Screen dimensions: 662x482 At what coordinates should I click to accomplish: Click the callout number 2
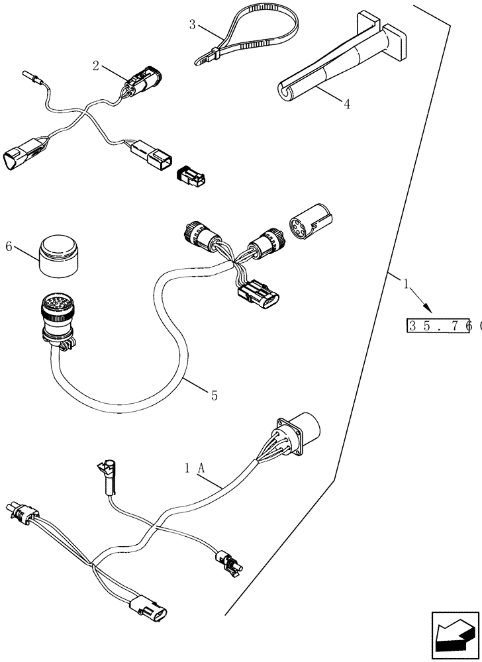[96, 66]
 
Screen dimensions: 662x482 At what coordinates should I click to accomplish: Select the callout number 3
[192, 25]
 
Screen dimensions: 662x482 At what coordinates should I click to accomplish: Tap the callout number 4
[347, 103]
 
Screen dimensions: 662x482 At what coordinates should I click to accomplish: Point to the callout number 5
[213, 395]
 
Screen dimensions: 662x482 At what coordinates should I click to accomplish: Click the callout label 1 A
[195, 467]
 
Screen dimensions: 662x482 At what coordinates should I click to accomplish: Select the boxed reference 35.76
[438, 326]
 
